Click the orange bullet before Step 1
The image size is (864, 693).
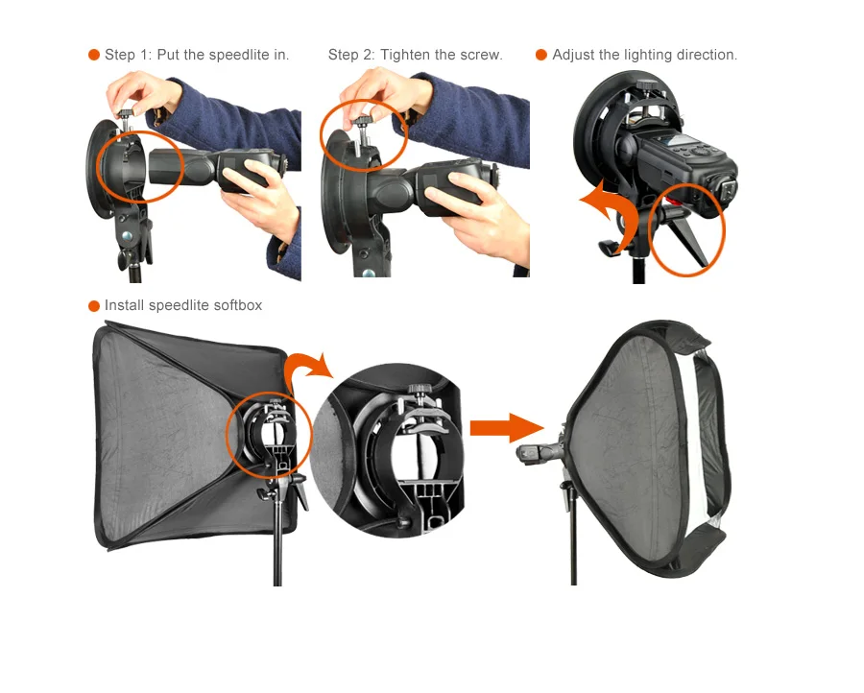94,55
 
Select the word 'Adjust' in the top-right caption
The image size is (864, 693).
573,55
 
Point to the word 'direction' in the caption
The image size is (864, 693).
706,55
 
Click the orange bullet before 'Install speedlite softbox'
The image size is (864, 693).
94,306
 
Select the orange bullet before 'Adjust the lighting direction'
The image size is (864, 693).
541,55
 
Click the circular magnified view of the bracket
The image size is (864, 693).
396,450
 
